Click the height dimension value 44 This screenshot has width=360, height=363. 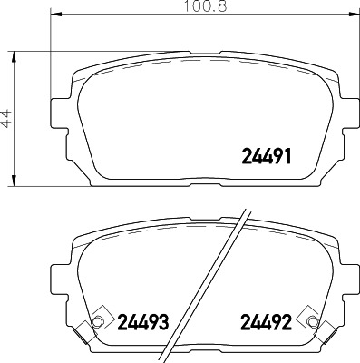click(x=7, y=117)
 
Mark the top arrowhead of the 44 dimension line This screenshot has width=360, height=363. click(x=14, y=55)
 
